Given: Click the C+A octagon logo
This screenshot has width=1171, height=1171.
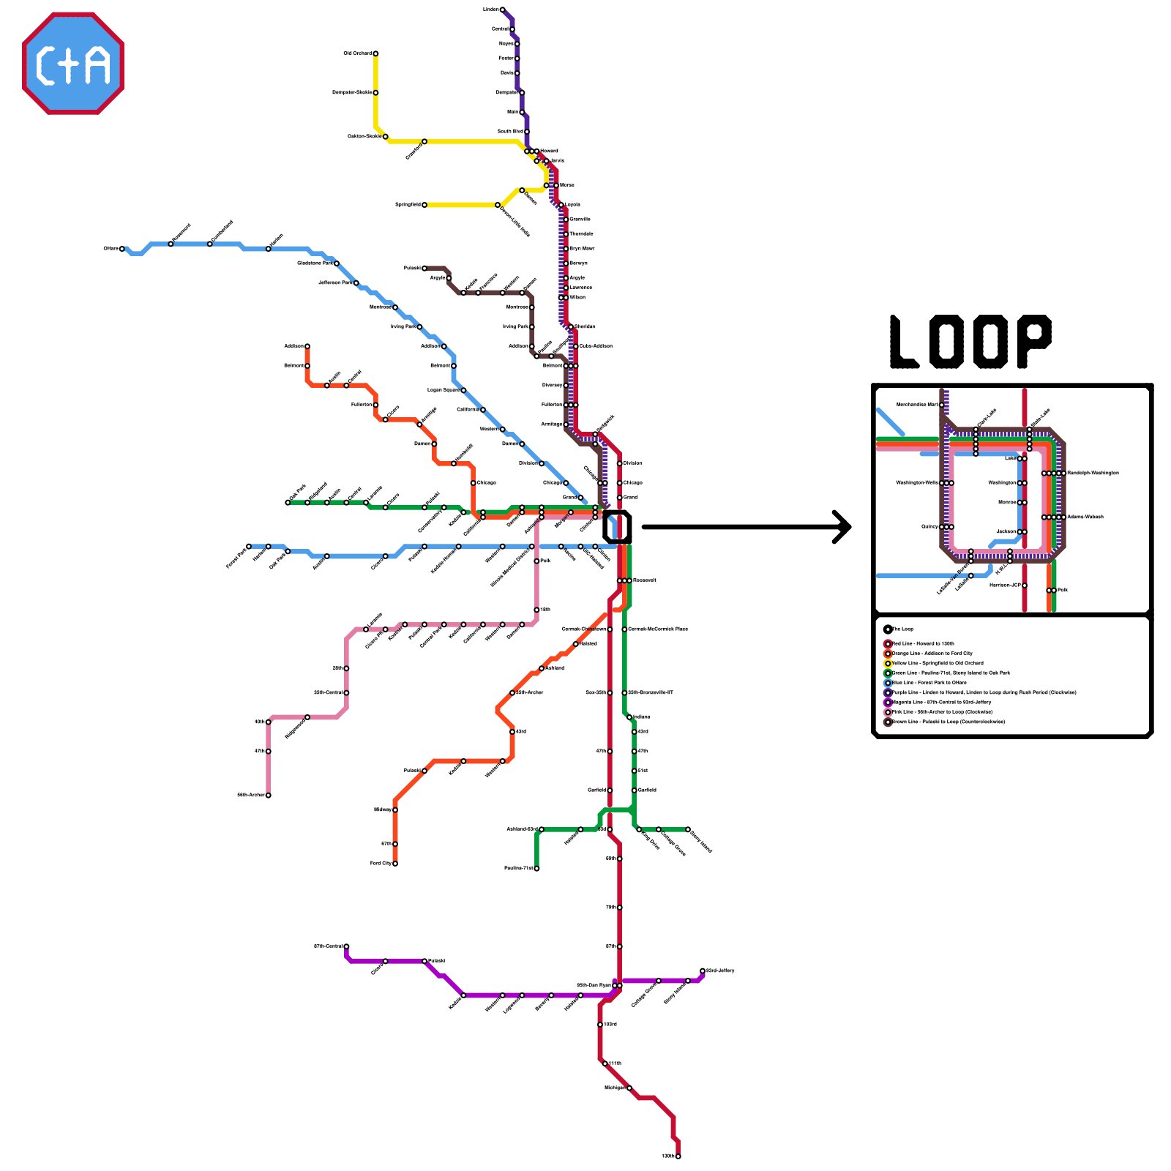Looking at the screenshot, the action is pos(73,63).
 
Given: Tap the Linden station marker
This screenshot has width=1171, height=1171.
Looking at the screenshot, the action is pos(502,10).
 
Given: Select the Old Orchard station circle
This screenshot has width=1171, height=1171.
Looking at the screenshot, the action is pos(375,53).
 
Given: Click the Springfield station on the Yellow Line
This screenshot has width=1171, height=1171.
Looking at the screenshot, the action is pos(424,205).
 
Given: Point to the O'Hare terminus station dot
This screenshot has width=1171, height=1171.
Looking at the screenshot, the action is pos(122,249).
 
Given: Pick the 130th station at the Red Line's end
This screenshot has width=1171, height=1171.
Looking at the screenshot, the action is pos(678,1156).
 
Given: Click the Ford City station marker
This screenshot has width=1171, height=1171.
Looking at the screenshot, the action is pos(395,864).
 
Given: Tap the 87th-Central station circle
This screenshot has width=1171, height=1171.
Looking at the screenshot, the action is pos(346,946).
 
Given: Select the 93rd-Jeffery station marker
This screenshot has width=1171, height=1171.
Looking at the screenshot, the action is pos(703,971).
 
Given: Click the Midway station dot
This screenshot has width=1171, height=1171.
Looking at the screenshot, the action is pos(395,810).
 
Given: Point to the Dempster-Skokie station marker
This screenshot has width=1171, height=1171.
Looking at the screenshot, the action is pos(375,93).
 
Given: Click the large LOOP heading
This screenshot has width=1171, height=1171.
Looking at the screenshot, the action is pos(970,342).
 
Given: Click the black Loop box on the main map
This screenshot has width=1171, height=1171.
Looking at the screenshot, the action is pos(617,527).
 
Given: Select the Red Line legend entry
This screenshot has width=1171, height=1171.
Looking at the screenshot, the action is pos(922,644).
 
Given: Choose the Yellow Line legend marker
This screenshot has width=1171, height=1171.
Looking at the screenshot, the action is pos(888,663).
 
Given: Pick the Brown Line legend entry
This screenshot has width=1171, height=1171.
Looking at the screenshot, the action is pos(944,722).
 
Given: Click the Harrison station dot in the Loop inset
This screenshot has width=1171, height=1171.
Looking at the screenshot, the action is pos(1025,585).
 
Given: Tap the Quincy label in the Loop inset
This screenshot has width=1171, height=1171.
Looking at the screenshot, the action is pos(929,527).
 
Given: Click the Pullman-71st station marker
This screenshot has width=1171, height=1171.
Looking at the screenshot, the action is pos(536,869).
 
